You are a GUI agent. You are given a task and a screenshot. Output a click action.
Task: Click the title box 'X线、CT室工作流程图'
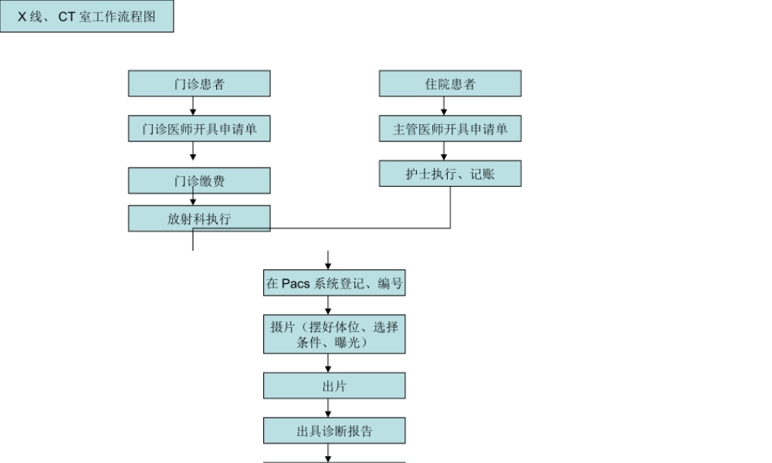point(86,16)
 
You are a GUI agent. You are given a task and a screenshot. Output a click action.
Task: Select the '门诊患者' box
point(199,84)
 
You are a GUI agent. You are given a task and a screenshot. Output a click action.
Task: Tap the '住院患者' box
point(450,84)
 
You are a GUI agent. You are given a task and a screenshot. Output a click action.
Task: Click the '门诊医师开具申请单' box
point(199,129)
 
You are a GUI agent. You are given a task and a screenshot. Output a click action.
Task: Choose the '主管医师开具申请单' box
point(450,129)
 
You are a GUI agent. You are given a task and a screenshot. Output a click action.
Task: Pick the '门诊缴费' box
point(199,181)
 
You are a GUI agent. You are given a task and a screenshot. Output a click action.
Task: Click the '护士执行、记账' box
point(450,174)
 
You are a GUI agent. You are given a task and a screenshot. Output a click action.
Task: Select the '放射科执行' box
point(199,218)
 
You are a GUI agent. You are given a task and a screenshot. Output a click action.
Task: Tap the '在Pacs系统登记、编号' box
point(334,283)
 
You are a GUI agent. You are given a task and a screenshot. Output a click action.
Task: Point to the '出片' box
point(334,386)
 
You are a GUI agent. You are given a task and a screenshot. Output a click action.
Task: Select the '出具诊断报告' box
point(334,431)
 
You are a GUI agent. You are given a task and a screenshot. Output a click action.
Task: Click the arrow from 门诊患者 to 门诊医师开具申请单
point(193,106)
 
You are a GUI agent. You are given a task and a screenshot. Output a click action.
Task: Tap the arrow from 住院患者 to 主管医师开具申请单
point(444,106)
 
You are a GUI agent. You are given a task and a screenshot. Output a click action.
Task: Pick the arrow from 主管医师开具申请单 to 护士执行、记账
point(444,151)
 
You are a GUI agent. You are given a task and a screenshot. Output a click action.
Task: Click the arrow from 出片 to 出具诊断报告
point(328,408)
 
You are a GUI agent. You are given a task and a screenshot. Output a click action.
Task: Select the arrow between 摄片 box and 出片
point(328,363)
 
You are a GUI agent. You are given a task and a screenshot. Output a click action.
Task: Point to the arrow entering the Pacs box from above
point(328,260)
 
